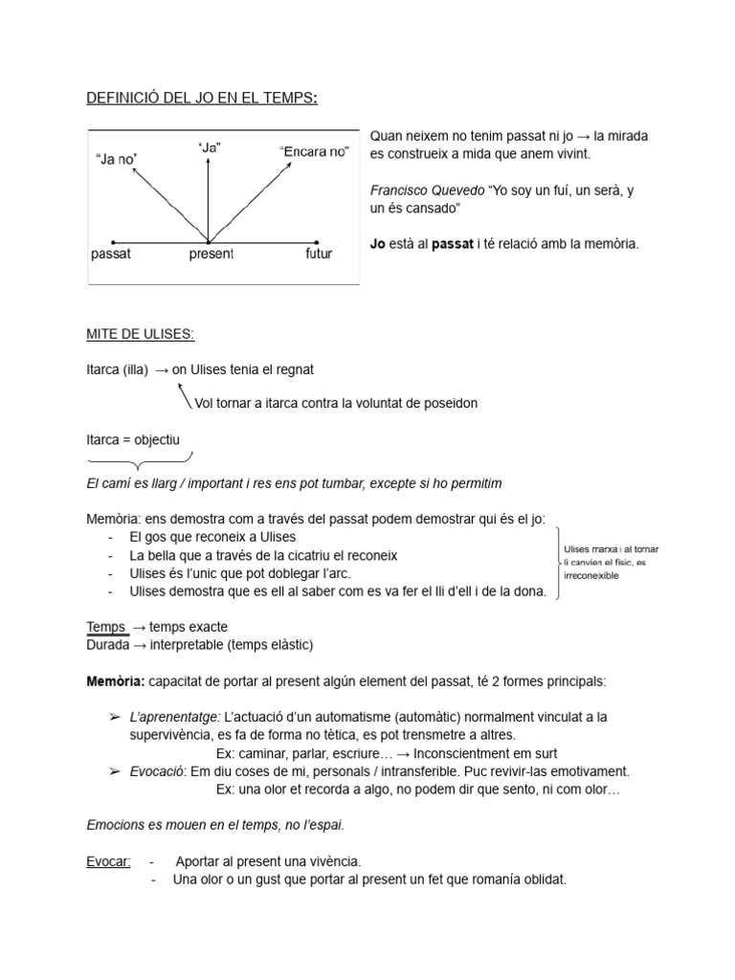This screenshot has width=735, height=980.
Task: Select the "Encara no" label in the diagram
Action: click(x=314, y=151)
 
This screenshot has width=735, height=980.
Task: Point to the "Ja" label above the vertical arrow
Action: click(x=210, y=147)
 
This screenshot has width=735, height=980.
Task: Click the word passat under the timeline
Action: click(x=110, y=255)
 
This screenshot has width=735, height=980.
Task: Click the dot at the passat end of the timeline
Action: click(x=114, y=241)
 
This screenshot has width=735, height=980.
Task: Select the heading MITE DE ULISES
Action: click(x=141, y=334)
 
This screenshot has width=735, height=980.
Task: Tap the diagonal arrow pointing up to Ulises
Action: click(x=184, y=394)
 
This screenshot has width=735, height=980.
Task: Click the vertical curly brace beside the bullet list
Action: click(x=555, y=564)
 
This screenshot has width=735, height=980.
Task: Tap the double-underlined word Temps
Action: click(x=106, y=627)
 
